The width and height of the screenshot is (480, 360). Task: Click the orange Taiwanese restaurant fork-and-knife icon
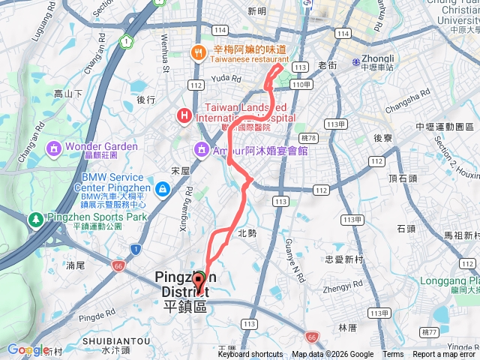pyautogui.click(x=196, y=52)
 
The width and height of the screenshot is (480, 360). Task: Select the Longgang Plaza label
pyautogui.click(x=449, y=283)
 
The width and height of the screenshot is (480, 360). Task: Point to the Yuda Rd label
pyautogui.click(x=225, y=77)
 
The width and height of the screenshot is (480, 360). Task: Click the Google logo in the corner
pyautogui.click(x=27, y=349)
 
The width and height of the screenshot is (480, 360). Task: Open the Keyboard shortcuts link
pyautogui.click(x=250, y=355)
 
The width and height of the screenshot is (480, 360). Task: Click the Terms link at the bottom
pyautogui.click(x=393, y=355)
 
